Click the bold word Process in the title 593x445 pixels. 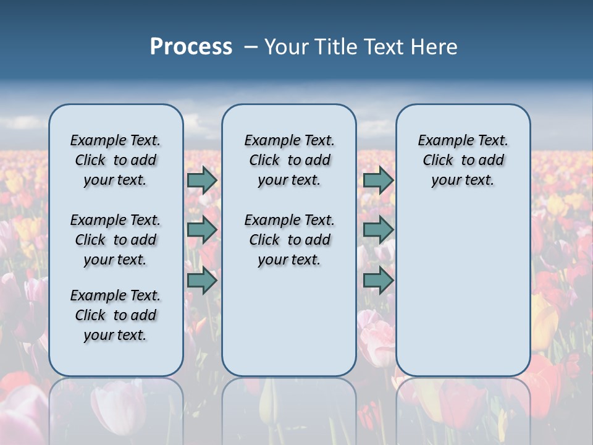[191, 47]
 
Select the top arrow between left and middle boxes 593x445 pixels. [202, 180]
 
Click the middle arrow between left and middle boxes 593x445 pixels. [202, 230]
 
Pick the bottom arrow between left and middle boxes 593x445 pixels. [202, 281]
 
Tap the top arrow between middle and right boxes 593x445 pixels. [378, 180]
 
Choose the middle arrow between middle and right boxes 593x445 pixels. [378, 230]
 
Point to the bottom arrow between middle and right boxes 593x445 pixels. [378, 281]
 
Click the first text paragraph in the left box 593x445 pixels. [116, 160]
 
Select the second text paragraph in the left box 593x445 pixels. [116, 240]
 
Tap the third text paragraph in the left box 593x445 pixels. [116, 315]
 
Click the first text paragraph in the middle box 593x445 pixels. [289, 160]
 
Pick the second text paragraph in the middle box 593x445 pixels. [289, 240]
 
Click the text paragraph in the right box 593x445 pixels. [463, 160]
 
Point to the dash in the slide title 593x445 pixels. [250, 47]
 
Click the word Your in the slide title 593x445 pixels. [287, 47]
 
